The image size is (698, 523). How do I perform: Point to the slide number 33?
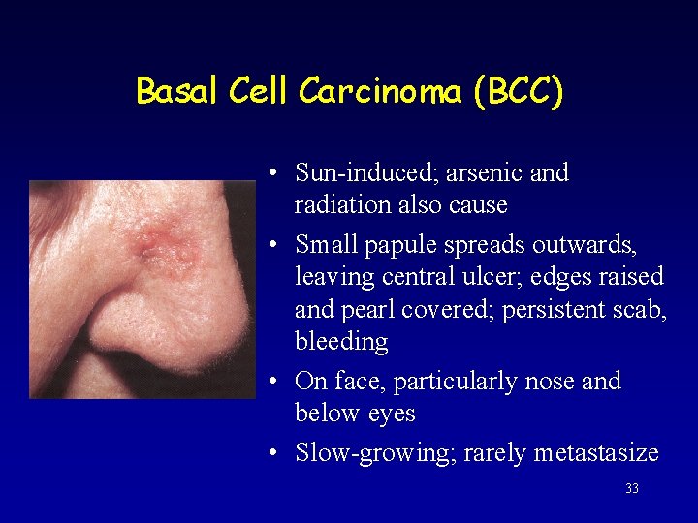(632, 489)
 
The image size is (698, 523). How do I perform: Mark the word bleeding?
(341, 342)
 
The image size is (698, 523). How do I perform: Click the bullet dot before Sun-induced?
(276, 174)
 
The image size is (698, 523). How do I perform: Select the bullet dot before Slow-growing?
(276, 453)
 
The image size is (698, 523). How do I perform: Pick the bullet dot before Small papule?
(276, 245)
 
